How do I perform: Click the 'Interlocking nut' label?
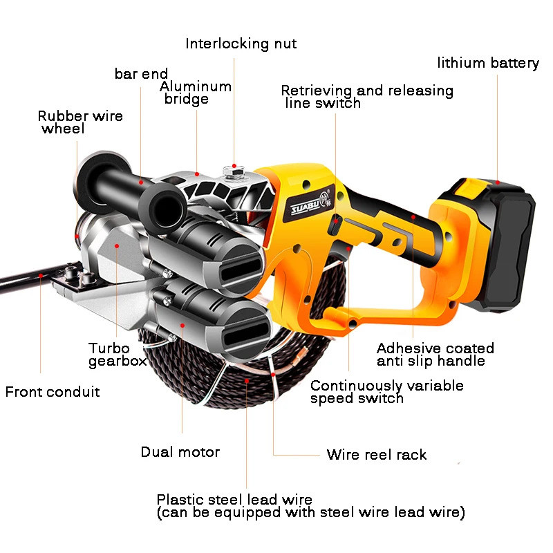pyautogui.click(x=241, y=44)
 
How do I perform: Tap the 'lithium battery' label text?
pyautogui.click(x=488, y=63)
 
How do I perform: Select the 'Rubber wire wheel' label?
pyautogui.click(x=80, y=122)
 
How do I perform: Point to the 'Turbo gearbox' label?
pyautogui.click(x=118, y=355)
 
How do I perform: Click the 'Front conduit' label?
pyautogui.click(x=53, y=392)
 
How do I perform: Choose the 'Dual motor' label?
pyautogui.click(x=180, y=452)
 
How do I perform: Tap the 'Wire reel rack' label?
pyautogui.click(x=376, y=454)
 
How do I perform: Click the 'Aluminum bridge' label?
pyautogui.click(x=196, y=93)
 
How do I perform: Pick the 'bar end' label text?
pyautogui.click(x=141, y=74)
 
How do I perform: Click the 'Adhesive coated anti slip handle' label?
pyautogui.click(x=435, y=355)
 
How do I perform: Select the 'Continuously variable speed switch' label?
pyautogui.click(x=387, y=392)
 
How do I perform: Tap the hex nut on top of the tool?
pyautogui.click(x=234, y=173)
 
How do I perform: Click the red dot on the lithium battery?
pyautogui.click(x=497, y=182)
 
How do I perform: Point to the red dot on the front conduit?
pyautogui.click(x=41, y=275)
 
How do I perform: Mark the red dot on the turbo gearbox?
pyautogui.click(x=117, y=246)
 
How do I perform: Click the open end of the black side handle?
pyautogui.click(x=164, y=207)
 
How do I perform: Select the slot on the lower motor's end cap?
pyautogui.click(x=246, y=334)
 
